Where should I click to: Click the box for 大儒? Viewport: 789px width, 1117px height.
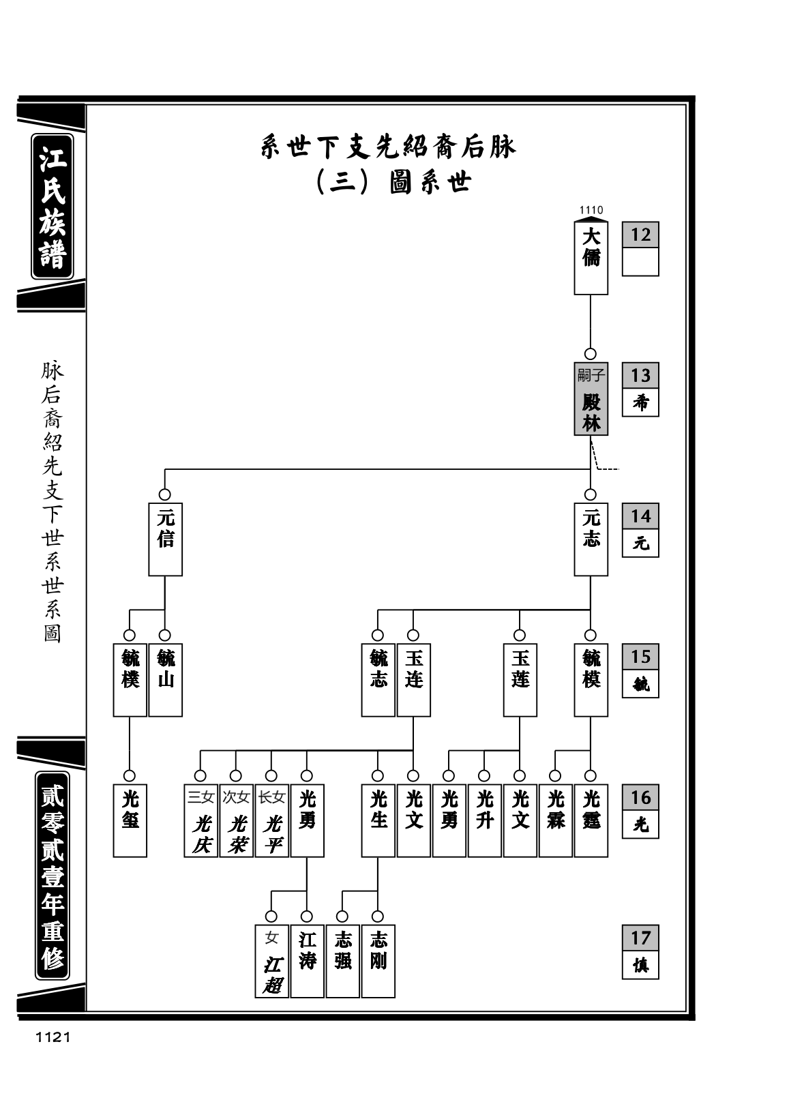click(591, 258)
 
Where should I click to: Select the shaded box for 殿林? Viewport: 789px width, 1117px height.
click(591, 399)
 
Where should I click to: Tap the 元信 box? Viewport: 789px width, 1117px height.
click(165, 539)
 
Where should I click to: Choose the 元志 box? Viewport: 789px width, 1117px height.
click(591, 539)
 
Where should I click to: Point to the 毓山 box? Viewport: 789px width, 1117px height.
click(165, 680)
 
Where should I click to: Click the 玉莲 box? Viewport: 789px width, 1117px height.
click(520, 680)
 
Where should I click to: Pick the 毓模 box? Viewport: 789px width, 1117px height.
click(591, 680)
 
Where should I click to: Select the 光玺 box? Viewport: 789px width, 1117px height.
click(130, 821)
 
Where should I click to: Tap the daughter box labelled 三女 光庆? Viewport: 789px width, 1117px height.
click(200, 821)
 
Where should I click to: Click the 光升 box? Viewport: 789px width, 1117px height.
click(484, 821)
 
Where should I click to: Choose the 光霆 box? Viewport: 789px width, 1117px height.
click(591, 821)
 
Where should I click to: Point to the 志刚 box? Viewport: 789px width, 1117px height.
click(378, 962)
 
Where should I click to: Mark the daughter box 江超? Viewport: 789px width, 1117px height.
click(272, 962)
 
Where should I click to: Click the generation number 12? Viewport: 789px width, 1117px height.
click(640, 235)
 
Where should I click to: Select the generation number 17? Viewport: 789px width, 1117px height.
click(640, 938)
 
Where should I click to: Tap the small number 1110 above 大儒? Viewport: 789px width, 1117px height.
click(591, 210)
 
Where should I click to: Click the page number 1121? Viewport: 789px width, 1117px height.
click(53, 1037)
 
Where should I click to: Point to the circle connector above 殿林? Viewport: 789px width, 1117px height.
click(591, 354)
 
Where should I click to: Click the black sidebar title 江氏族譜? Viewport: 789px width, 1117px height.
click(53, 207)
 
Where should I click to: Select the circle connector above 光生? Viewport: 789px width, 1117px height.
click(378, 776)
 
